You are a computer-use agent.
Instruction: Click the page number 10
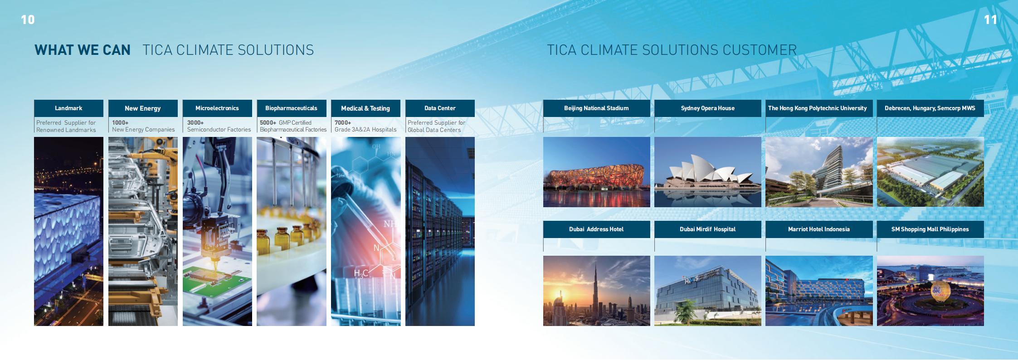[x=28, y=19]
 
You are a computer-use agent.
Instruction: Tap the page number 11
[x=990, y=19]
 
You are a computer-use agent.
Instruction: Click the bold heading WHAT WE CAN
[x=83, y=50]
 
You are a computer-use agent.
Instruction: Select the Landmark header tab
[x=68, y=108]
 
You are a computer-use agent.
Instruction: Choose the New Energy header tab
[x=143, y=108]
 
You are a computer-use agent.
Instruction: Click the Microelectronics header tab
[x=217, y=108]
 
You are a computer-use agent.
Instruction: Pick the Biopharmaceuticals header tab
[x=292, y=108]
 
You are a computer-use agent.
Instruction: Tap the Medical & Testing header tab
[x=365, y=108]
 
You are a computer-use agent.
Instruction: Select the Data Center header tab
[x=440, y=108]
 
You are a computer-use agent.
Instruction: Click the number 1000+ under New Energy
[x=120, y=122]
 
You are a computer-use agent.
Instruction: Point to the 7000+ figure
[x=343, y=122]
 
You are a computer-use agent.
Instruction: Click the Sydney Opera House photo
[x=708, y=172]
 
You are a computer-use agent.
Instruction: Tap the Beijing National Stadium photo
[x=597, y=172]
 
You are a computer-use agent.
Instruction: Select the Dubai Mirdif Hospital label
[x=708, y=229]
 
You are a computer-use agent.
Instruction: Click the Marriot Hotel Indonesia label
[x=819, y=229]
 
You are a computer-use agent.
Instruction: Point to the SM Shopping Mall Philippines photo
[x=930, y=291]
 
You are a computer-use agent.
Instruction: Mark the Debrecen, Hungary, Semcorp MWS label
[x=930, y=108]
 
